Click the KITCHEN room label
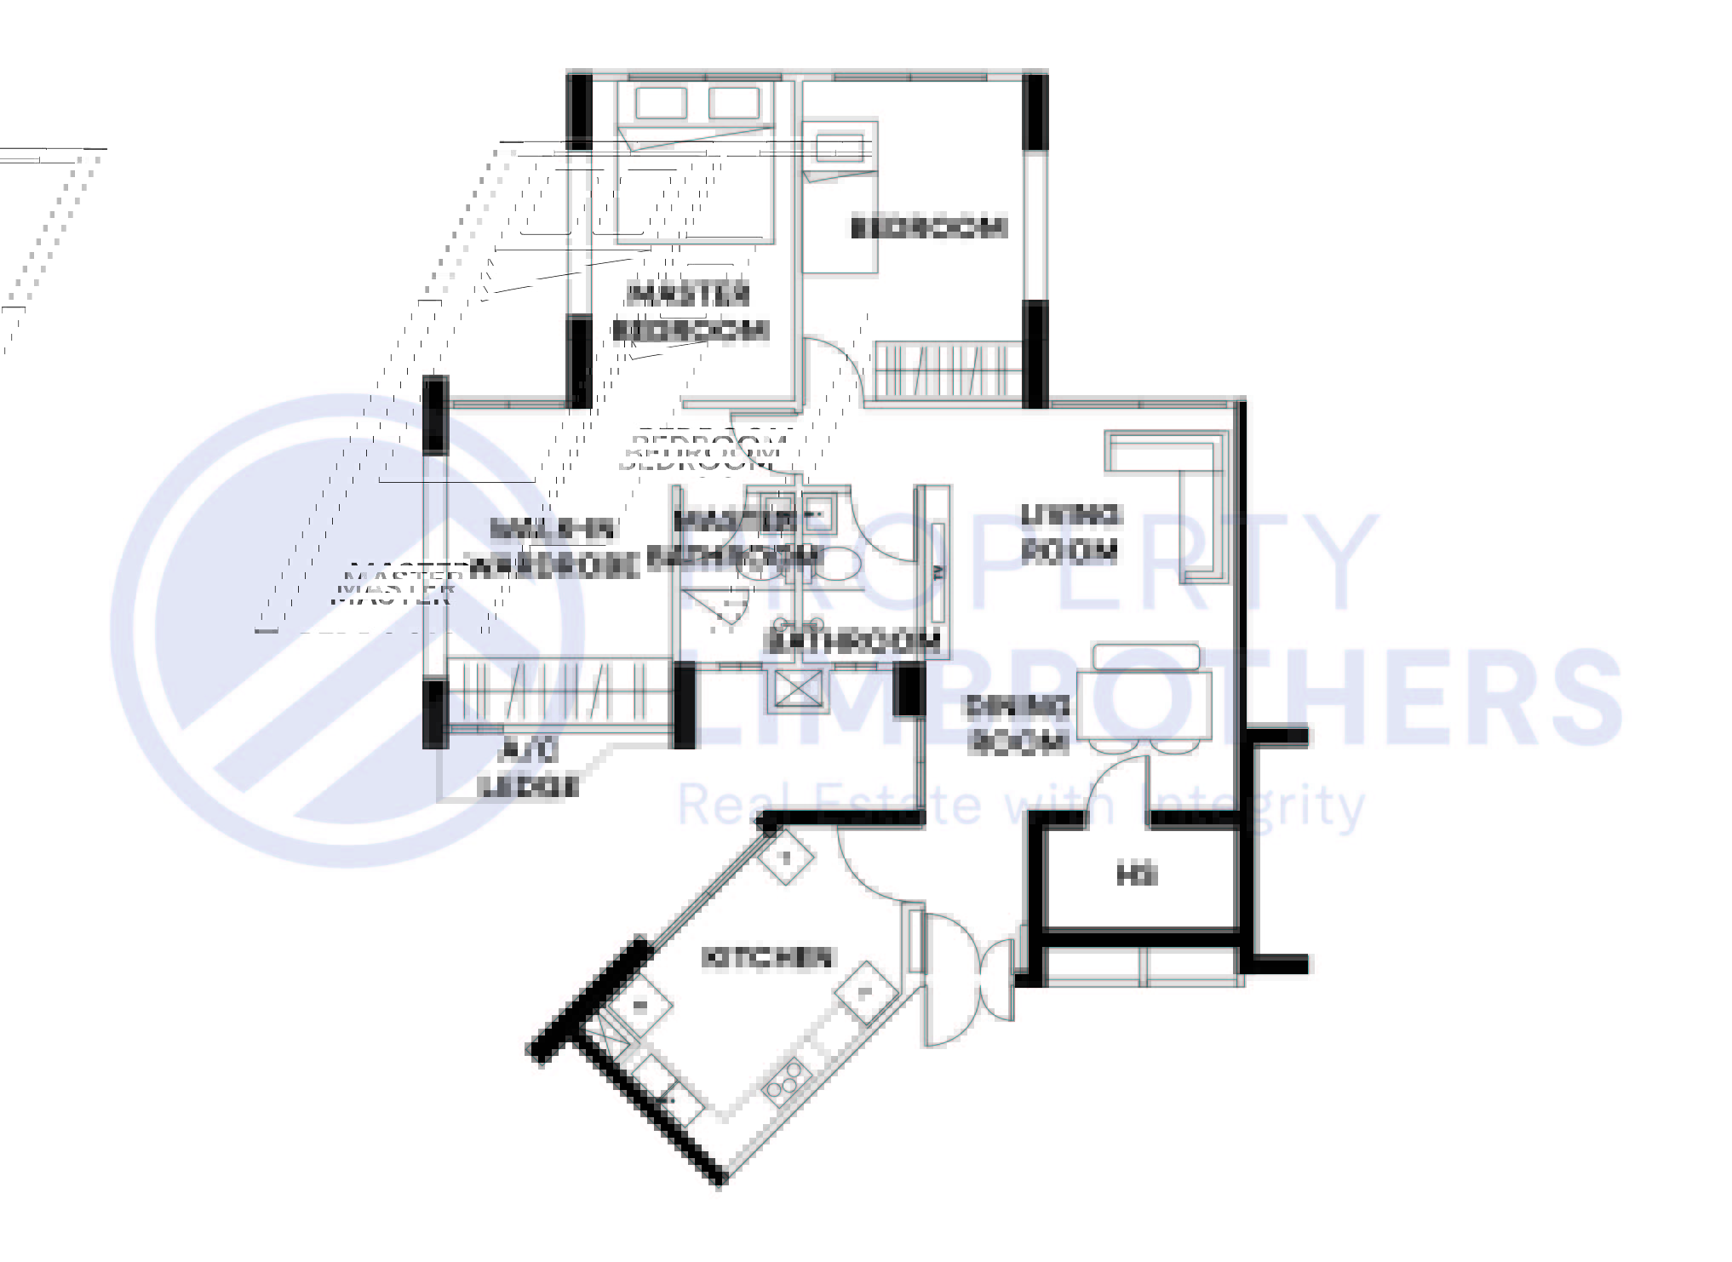point(766,958)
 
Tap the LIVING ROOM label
point(1070,534)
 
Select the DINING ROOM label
point(1017,724)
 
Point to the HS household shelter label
point(1137,875)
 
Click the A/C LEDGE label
point(530,769)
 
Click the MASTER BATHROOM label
point(734,538)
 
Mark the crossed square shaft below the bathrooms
point(797,691)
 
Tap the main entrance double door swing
point(966,979)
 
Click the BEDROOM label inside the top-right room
point(928,227)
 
